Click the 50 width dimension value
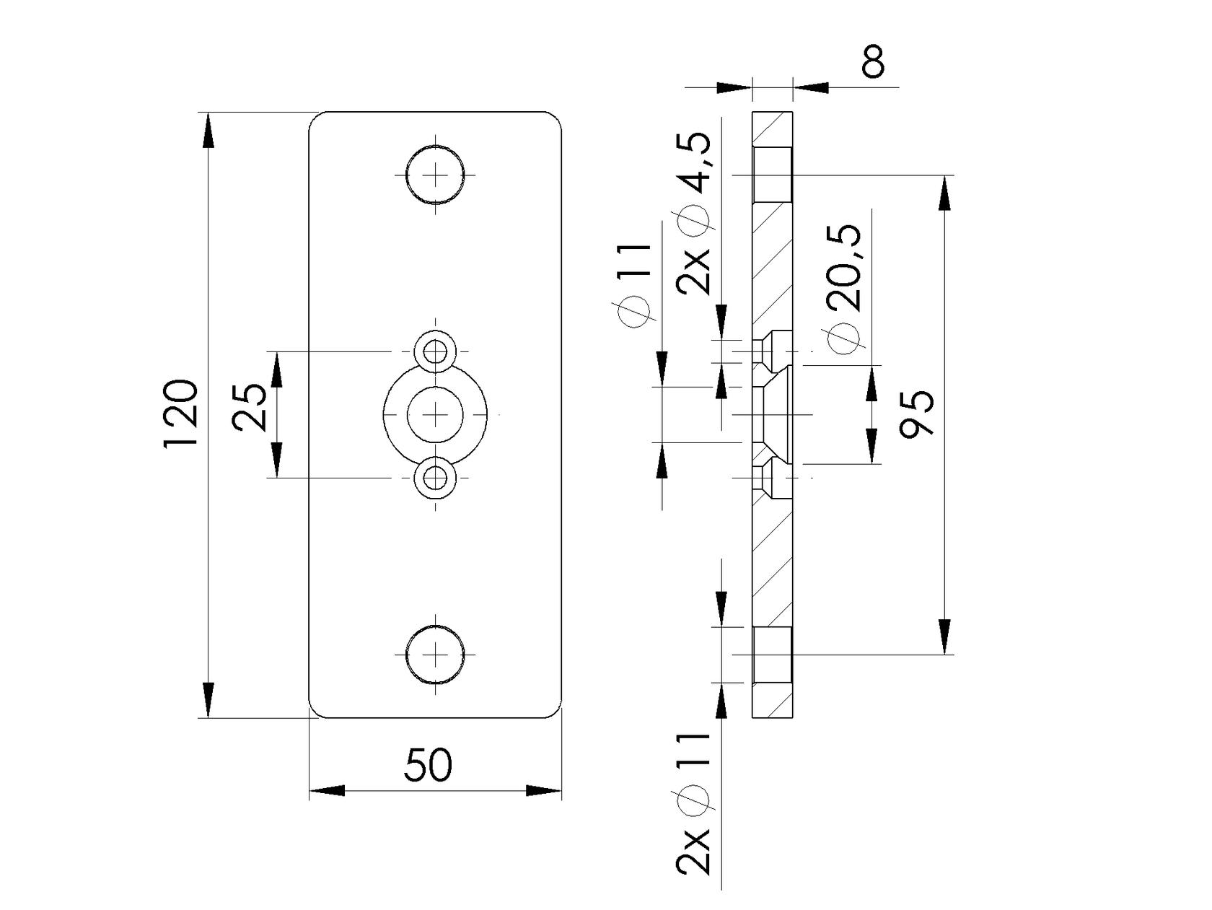[x=428, y=766]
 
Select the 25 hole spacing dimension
[x=252, y=408]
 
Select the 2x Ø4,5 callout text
[x=695, y=213]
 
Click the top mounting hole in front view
[x=435, y=174]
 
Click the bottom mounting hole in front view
[x=435, y=654]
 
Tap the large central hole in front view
[x=435, y=414]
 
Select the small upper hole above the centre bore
[x=435, y=352]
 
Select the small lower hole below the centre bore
[x=435, y=477]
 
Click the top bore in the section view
[x=772, y=175]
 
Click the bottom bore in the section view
[x=772, y=655]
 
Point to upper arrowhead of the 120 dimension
[x=208, y=131]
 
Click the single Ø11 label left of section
[x=635, y=285]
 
